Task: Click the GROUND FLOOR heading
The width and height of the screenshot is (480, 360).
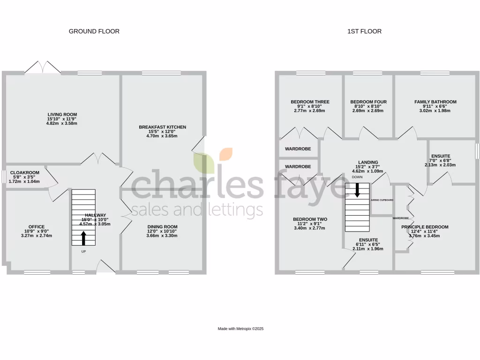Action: pos(94,31)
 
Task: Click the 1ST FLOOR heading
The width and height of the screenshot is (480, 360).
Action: pos(364,31)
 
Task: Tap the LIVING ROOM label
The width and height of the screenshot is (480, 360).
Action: pos(62,114)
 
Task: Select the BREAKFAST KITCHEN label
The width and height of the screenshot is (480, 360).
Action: pos(162,127)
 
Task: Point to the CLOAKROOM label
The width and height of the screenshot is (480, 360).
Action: pos(25,172)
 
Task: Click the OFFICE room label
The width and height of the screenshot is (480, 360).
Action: pos(36,227)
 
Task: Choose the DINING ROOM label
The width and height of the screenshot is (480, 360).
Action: pos(162,227)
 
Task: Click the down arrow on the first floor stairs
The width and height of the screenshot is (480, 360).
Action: pos(357,190)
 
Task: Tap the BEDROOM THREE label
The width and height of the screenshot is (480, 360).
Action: pos(310,102)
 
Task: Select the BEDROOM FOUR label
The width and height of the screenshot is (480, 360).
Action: pos(368,102)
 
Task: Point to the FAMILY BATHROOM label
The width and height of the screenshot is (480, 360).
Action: pos(435,102)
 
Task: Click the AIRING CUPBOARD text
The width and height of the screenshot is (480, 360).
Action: pos(382,200)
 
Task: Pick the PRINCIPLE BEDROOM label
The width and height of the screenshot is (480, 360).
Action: pos(425,227)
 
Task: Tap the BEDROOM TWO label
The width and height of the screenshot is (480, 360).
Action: pos(310,219)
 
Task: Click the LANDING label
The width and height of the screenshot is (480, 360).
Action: pos(367,163)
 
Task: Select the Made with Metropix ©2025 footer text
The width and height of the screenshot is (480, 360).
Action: pos(241,329)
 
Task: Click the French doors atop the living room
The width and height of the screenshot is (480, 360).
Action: pos(43,68)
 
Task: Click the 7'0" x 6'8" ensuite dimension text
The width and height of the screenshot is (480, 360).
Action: pos(440,160)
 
